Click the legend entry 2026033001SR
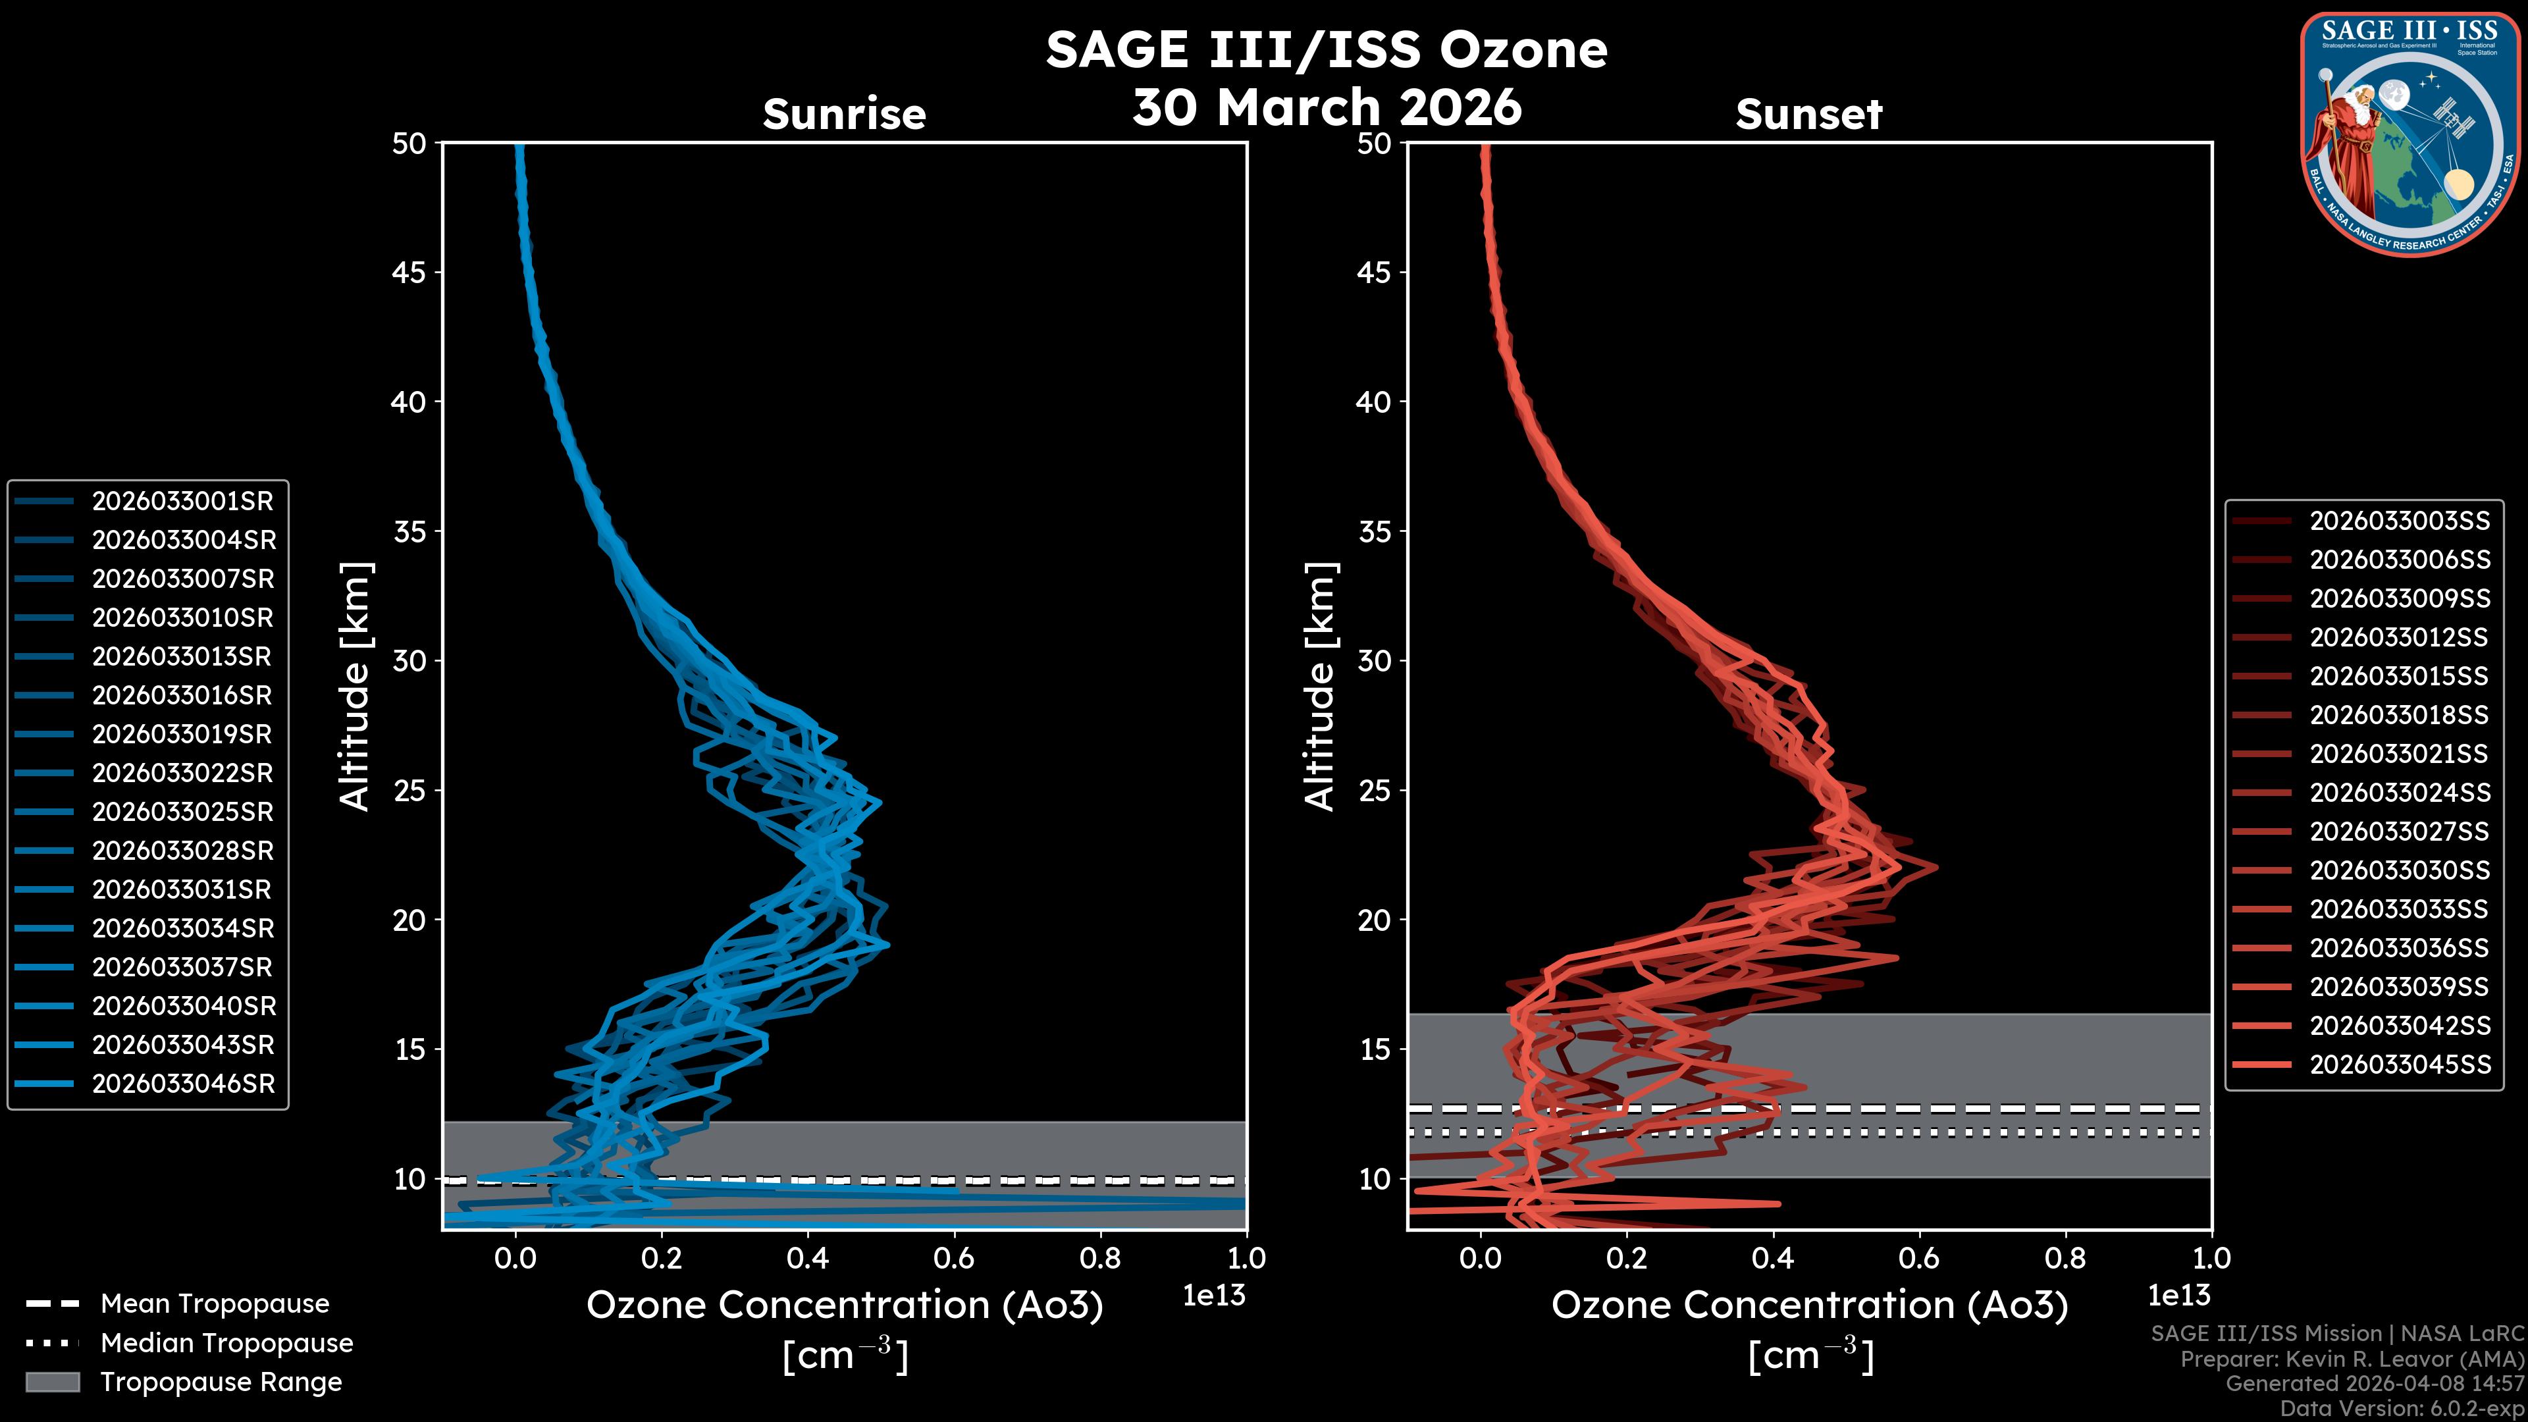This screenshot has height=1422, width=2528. pyautogui.click(x=182, y=502)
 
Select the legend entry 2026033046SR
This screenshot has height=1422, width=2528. pyautogui.click(x=182, y=1084)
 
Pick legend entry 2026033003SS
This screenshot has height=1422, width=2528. pyautogui.click(x=2400, y=521)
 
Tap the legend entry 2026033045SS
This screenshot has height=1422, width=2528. pyautogui.click(x=2400, y=1065)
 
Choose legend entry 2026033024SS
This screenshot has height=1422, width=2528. pyautogui.click(x=2400, y=793)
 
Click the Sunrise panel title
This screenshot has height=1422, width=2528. pyautogui.click(x=844, y=115)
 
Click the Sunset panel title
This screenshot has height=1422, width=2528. pyautogui.click(x=1808, y=115)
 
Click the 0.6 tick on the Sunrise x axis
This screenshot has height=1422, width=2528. pyautogui.click(x=954, y=1258)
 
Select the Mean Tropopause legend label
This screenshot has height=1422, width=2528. pyautogui.click(x=215, y=1304)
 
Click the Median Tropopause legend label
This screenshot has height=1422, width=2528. pyautogui.click(x=226, y=1344)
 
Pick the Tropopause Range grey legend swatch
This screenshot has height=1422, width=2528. pyautogui.click(x=52, y=1382)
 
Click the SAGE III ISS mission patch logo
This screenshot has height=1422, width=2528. pyautogui.click(x=2409, y=134)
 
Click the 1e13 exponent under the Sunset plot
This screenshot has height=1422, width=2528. pyautogui.click(x=2178, y=1296)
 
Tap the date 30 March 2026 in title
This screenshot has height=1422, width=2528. pyautogui.click(x=1326, y=107)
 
